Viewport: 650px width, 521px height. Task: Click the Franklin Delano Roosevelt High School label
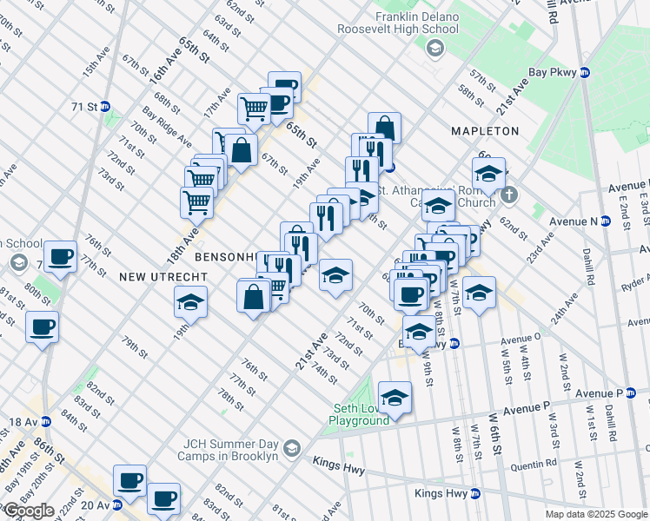pos(416,23)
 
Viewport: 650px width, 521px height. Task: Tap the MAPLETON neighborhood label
pos(485,131)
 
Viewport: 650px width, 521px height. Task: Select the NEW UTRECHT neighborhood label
pos(163,276)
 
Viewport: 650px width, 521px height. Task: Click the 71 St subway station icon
pos(105,107)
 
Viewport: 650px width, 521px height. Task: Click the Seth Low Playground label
pos(358,415)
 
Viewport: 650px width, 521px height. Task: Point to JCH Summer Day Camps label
pos(227,449)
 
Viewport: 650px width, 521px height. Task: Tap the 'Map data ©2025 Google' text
pos(596,514)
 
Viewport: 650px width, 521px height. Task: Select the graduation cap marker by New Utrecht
pos(191,302)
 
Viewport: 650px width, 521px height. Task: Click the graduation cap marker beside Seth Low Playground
pos(395,398)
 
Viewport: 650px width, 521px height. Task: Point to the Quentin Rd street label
pos(534,465)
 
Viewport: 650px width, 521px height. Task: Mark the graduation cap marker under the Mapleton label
pos(489,171)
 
